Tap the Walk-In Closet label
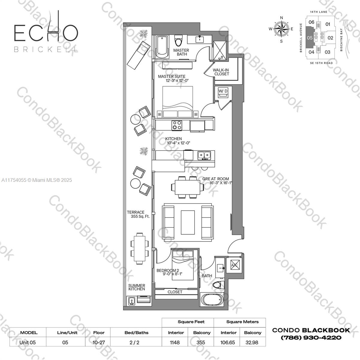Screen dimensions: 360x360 tap(221, 72)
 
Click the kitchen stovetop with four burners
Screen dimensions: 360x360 tap(177, 125)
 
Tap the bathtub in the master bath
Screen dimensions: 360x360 tap(162, 47)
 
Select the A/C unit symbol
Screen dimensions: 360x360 tap(235, 265)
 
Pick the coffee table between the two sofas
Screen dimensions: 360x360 tap(188, 222)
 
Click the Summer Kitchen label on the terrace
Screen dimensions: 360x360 tap(137, 287)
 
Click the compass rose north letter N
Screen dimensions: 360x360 tap(281, 18)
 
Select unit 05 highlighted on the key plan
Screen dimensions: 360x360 tap(310, 37)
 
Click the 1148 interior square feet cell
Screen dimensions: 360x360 tap(175, 343)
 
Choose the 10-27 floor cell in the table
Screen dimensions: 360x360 tap(99, 343)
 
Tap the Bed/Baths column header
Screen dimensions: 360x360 tap(136, 333)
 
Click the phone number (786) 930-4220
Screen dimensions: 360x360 tap(311, 338)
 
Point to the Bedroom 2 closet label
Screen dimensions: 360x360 tap(175, 292)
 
